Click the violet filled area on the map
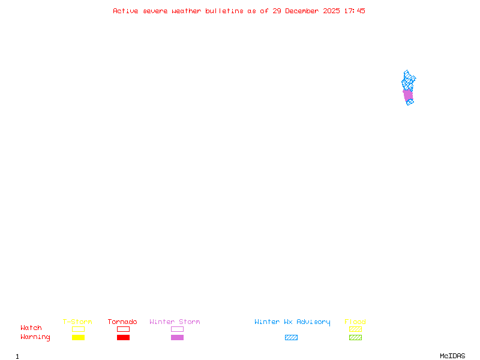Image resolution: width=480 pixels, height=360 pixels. pos(408,94)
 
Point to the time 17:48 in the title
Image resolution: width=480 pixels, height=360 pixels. pos(353,11)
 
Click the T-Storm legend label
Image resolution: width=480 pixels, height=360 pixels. pos(77,322)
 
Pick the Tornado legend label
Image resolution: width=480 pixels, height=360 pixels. pos(122,322)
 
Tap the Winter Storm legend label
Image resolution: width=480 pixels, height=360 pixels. pos(175,322)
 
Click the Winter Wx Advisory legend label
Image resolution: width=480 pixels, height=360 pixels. pos(292,322)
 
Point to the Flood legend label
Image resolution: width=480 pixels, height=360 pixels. pos(355,322)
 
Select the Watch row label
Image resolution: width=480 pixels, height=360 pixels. pos(31,328)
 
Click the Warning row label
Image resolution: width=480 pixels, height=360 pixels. pos(35,337)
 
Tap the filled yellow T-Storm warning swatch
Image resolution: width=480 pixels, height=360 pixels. pos(78,338)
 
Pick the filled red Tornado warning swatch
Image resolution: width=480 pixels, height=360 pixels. pos(123,338)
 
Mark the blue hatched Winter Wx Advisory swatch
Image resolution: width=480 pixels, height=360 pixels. pos(291,338)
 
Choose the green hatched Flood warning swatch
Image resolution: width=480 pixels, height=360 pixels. pos(355,338)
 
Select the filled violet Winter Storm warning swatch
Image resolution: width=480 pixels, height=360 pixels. pos(177,338)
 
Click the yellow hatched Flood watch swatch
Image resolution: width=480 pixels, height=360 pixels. pos(355,329)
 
